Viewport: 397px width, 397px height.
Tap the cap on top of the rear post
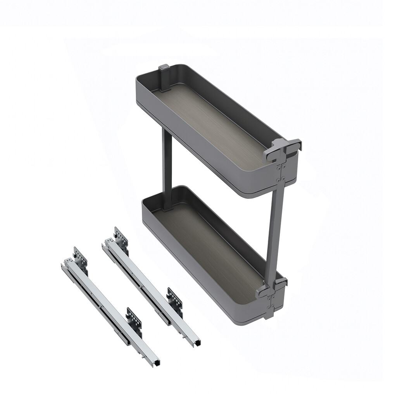coord(164,68)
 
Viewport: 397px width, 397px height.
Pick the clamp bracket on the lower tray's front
coord(271,287)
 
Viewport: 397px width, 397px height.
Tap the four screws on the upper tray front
coord(281,174)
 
